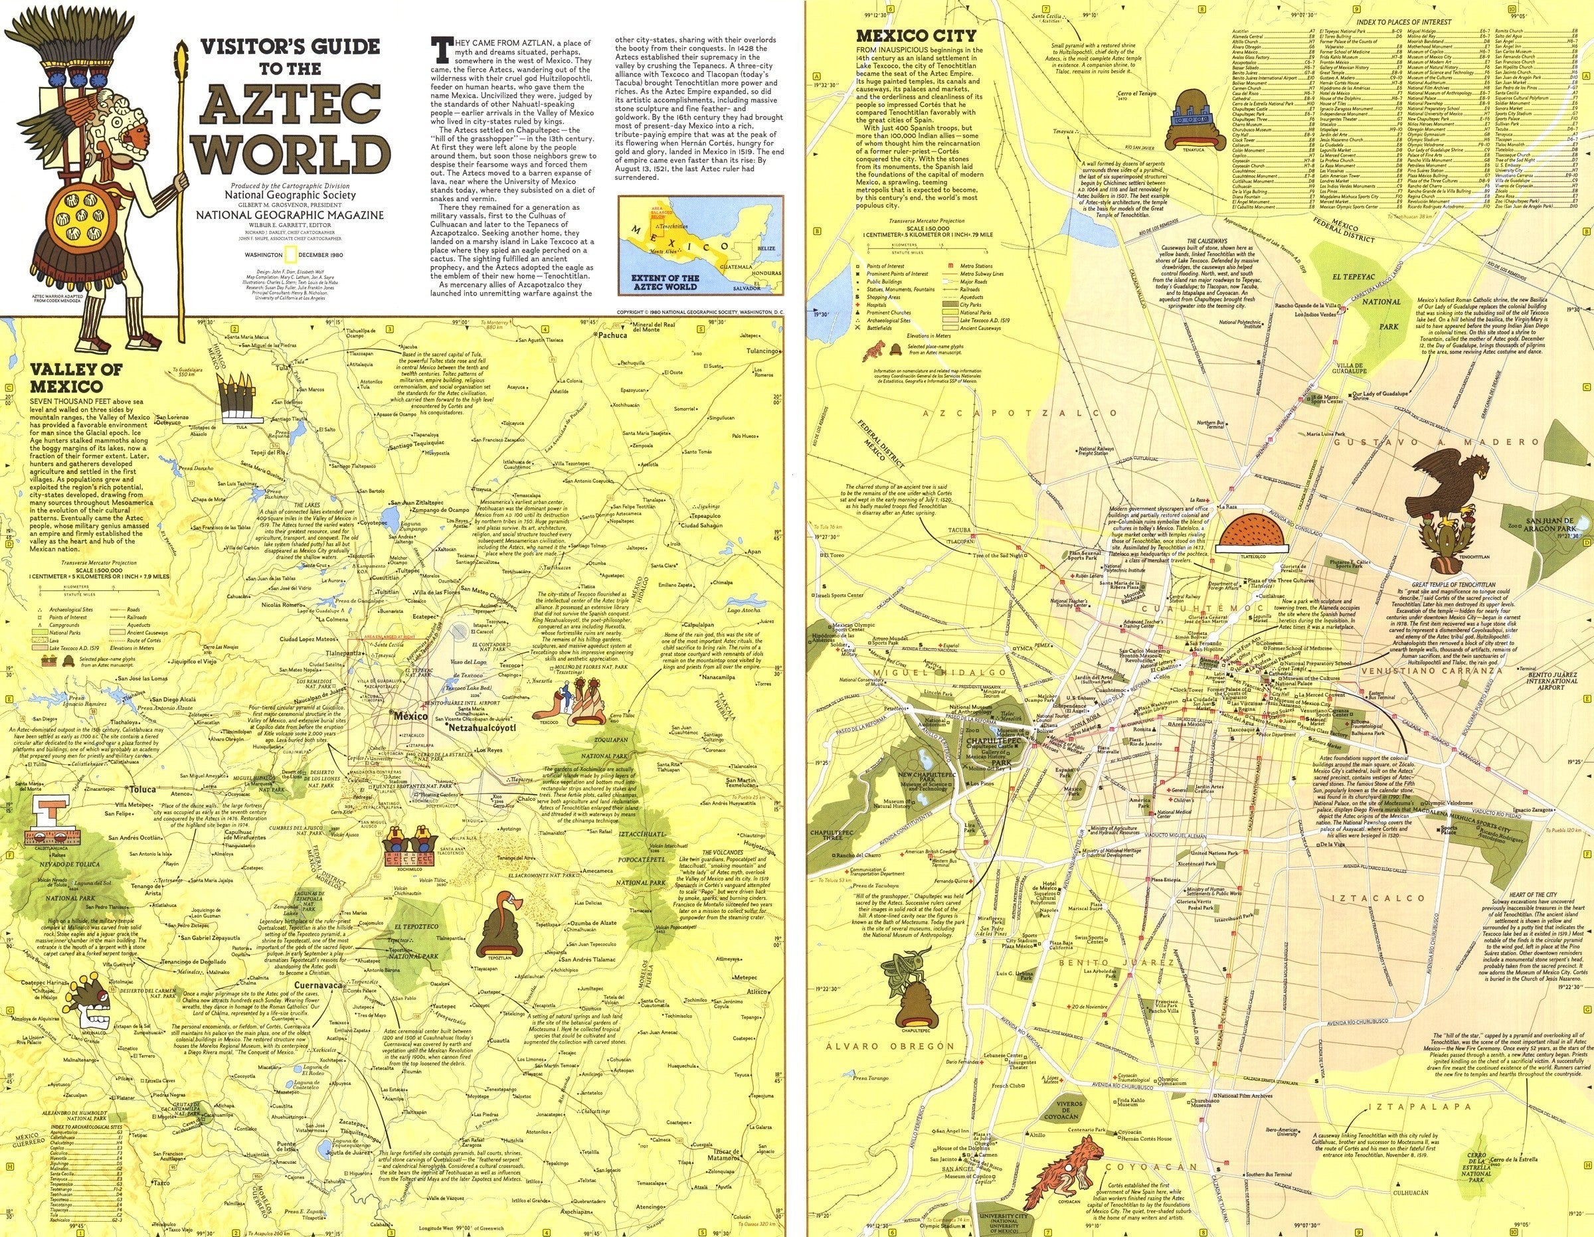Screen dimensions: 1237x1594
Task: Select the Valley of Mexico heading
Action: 66,377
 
